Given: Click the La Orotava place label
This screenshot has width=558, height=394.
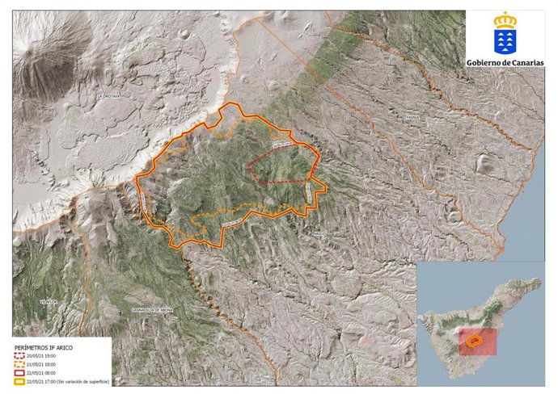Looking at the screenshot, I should (x=108, y=96).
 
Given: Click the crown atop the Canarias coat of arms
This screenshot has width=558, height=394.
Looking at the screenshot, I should (x=505, y=18).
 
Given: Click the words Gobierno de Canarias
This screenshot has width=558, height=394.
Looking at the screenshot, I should (x=505, y=63).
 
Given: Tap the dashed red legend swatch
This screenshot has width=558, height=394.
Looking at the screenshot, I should (x=20, y=355).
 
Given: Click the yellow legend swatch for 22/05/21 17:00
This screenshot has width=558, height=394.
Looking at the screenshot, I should (x=20, y=382).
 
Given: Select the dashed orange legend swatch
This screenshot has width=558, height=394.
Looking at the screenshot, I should (x=20, y=364).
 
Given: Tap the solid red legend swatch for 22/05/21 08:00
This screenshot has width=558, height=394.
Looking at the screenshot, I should (x=20, y=373).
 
